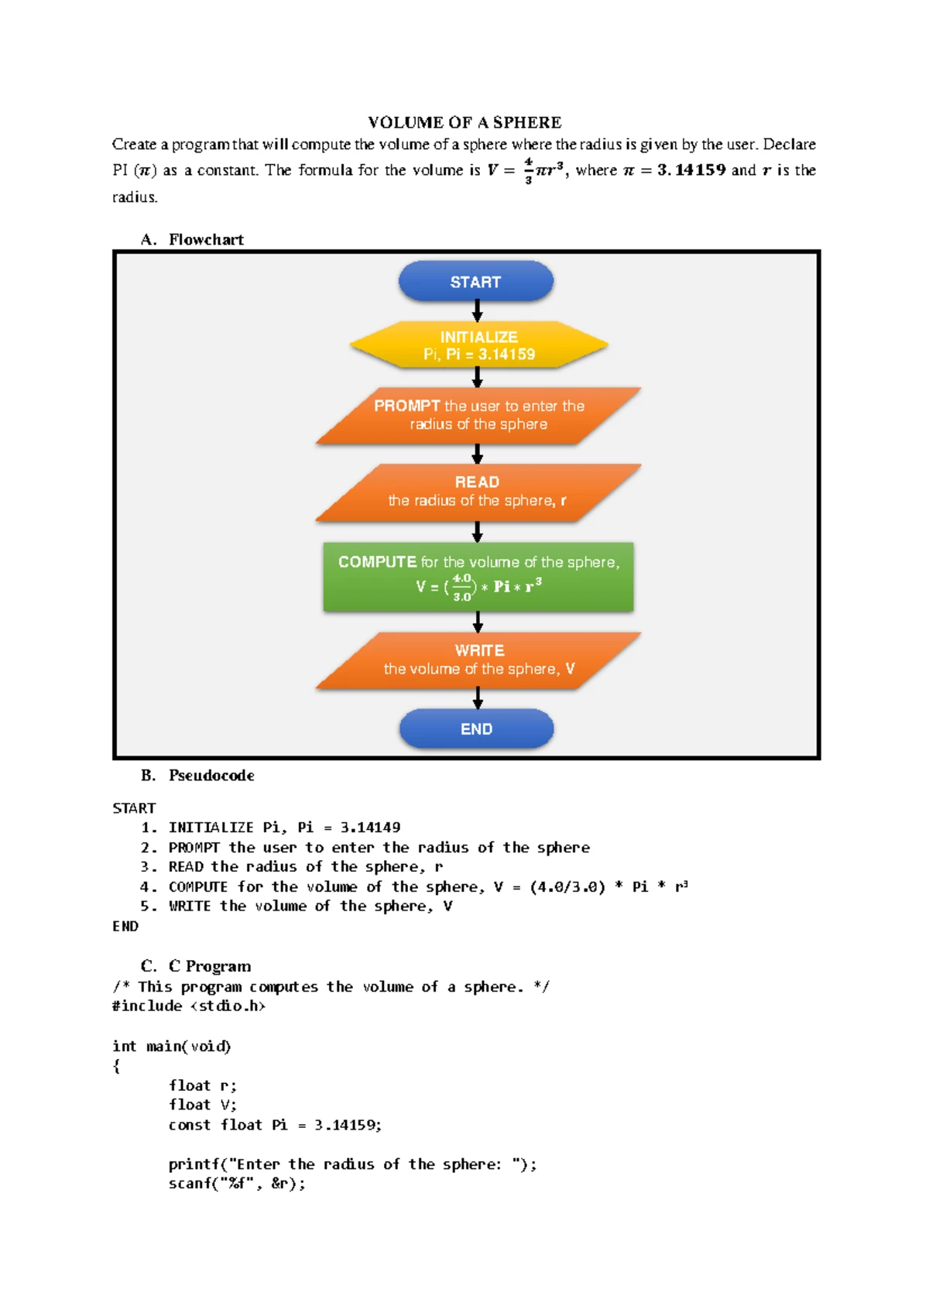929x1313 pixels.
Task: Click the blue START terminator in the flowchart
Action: click(476, 282)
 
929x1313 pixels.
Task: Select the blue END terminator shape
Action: click(476, 729)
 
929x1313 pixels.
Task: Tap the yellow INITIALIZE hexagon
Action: click(478, 345)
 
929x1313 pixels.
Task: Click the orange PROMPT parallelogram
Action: click(478, 416)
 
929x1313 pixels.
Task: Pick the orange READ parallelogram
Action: click(478, 492)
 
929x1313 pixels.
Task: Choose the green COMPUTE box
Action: click(478, 577)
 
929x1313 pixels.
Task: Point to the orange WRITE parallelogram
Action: click(478, 660)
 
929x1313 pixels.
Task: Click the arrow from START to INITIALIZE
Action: click(478, 311)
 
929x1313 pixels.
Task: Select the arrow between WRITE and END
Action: click(478, 699)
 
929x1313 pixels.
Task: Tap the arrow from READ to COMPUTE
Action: click(478, 532)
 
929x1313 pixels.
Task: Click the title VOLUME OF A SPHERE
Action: click(464, 122)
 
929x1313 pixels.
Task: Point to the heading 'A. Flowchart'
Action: click(193, 240)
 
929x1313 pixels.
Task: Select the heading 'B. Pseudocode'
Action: click(197, 776)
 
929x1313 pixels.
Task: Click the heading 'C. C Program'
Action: click(196, 966)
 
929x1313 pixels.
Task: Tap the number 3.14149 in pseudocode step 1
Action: click(370, 828)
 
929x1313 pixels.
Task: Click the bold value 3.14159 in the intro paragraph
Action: click(691, 170)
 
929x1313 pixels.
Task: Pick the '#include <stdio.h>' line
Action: click(188, 1006)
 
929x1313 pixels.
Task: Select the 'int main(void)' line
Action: click(171, 1047)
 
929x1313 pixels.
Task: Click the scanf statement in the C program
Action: click(237, 1184)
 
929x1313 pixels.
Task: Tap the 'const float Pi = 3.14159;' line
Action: click(275, 1125)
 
